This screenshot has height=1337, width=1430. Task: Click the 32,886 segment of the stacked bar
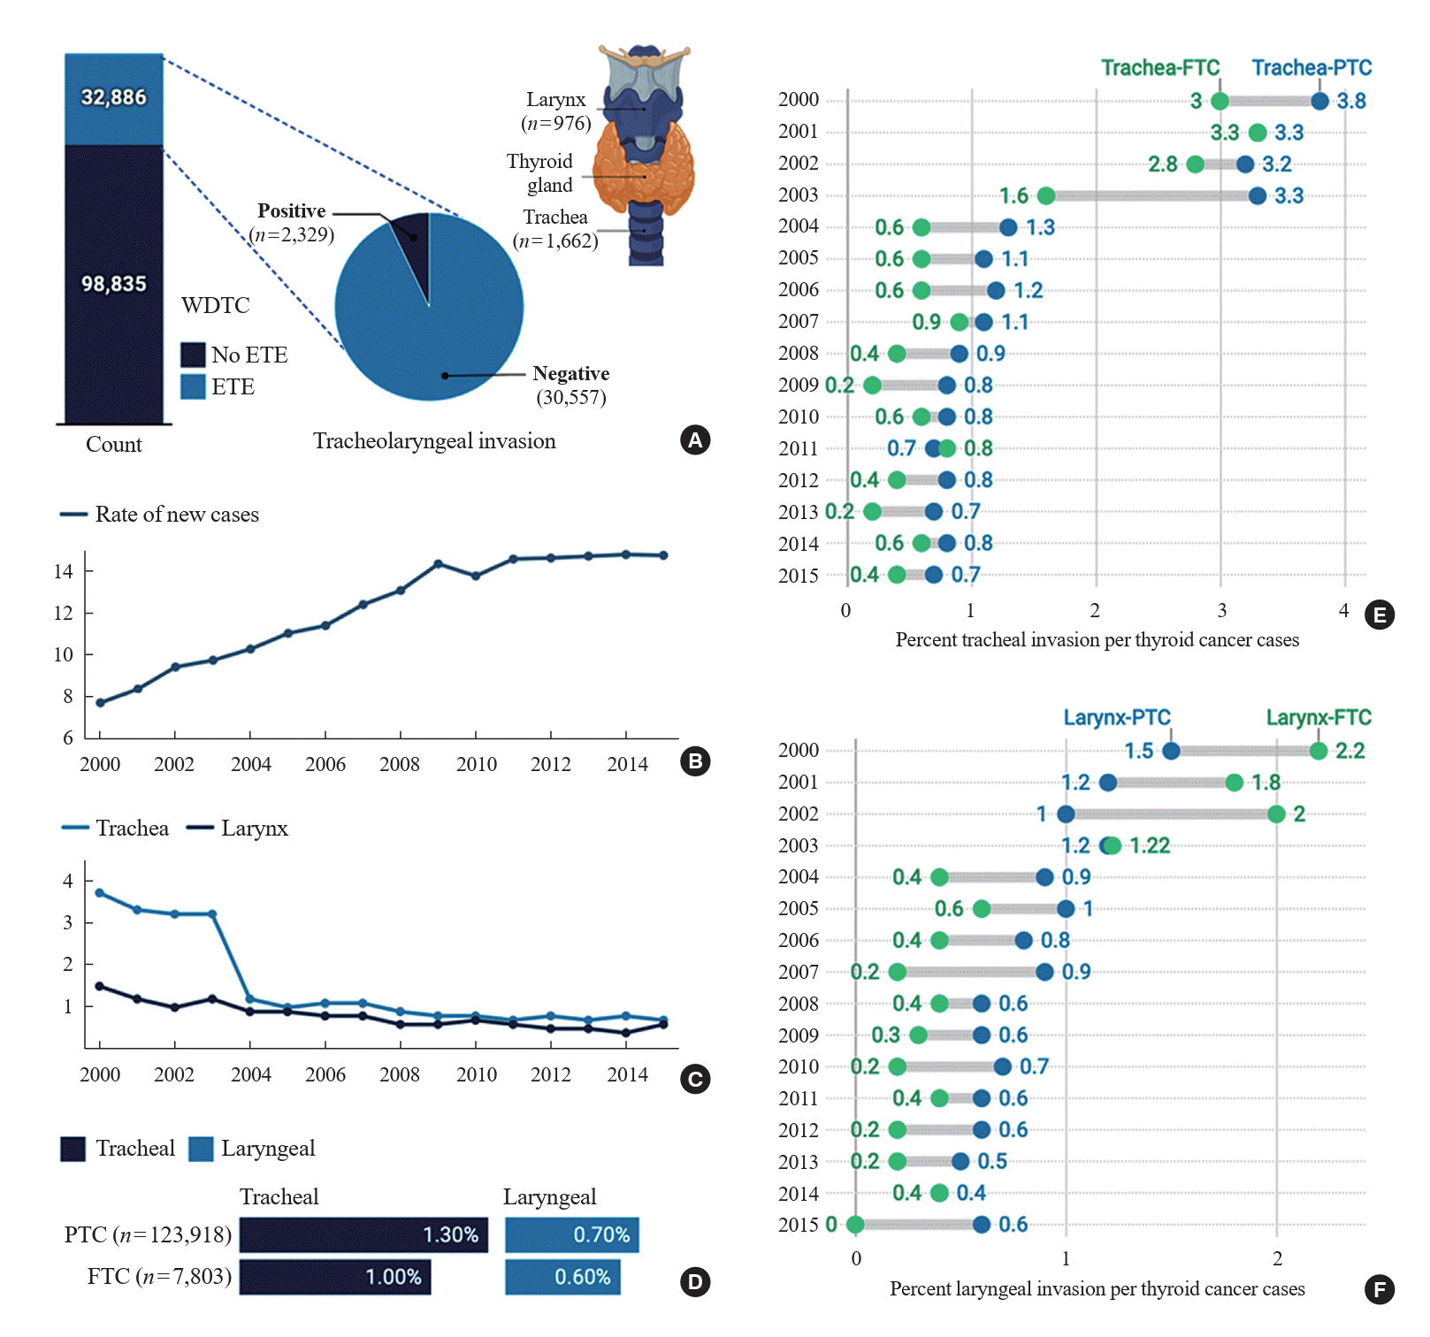113,98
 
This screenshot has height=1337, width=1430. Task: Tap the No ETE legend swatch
193,355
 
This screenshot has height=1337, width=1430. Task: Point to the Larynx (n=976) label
555,111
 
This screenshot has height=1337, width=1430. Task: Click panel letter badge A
695,439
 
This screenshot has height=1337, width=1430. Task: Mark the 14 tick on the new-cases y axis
64,571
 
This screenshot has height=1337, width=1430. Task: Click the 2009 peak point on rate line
438,563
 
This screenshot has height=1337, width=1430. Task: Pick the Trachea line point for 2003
212,913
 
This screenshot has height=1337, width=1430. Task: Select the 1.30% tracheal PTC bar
363,1234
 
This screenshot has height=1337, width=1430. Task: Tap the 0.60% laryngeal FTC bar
562,1277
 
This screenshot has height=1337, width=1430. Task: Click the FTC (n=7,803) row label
159,1277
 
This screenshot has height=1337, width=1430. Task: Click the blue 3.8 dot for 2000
1319,101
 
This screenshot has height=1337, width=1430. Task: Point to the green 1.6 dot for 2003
1046,195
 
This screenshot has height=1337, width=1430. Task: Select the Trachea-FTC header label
1159,68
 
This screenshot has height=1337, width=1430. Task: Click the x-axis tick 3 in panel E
1221,610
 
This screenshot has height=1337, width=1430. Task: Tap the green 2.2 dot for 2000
1319,751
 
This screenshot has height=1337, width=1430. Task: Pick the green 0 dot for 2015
855,1225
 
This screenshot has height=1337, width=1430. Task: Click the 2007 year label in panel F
798,972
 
